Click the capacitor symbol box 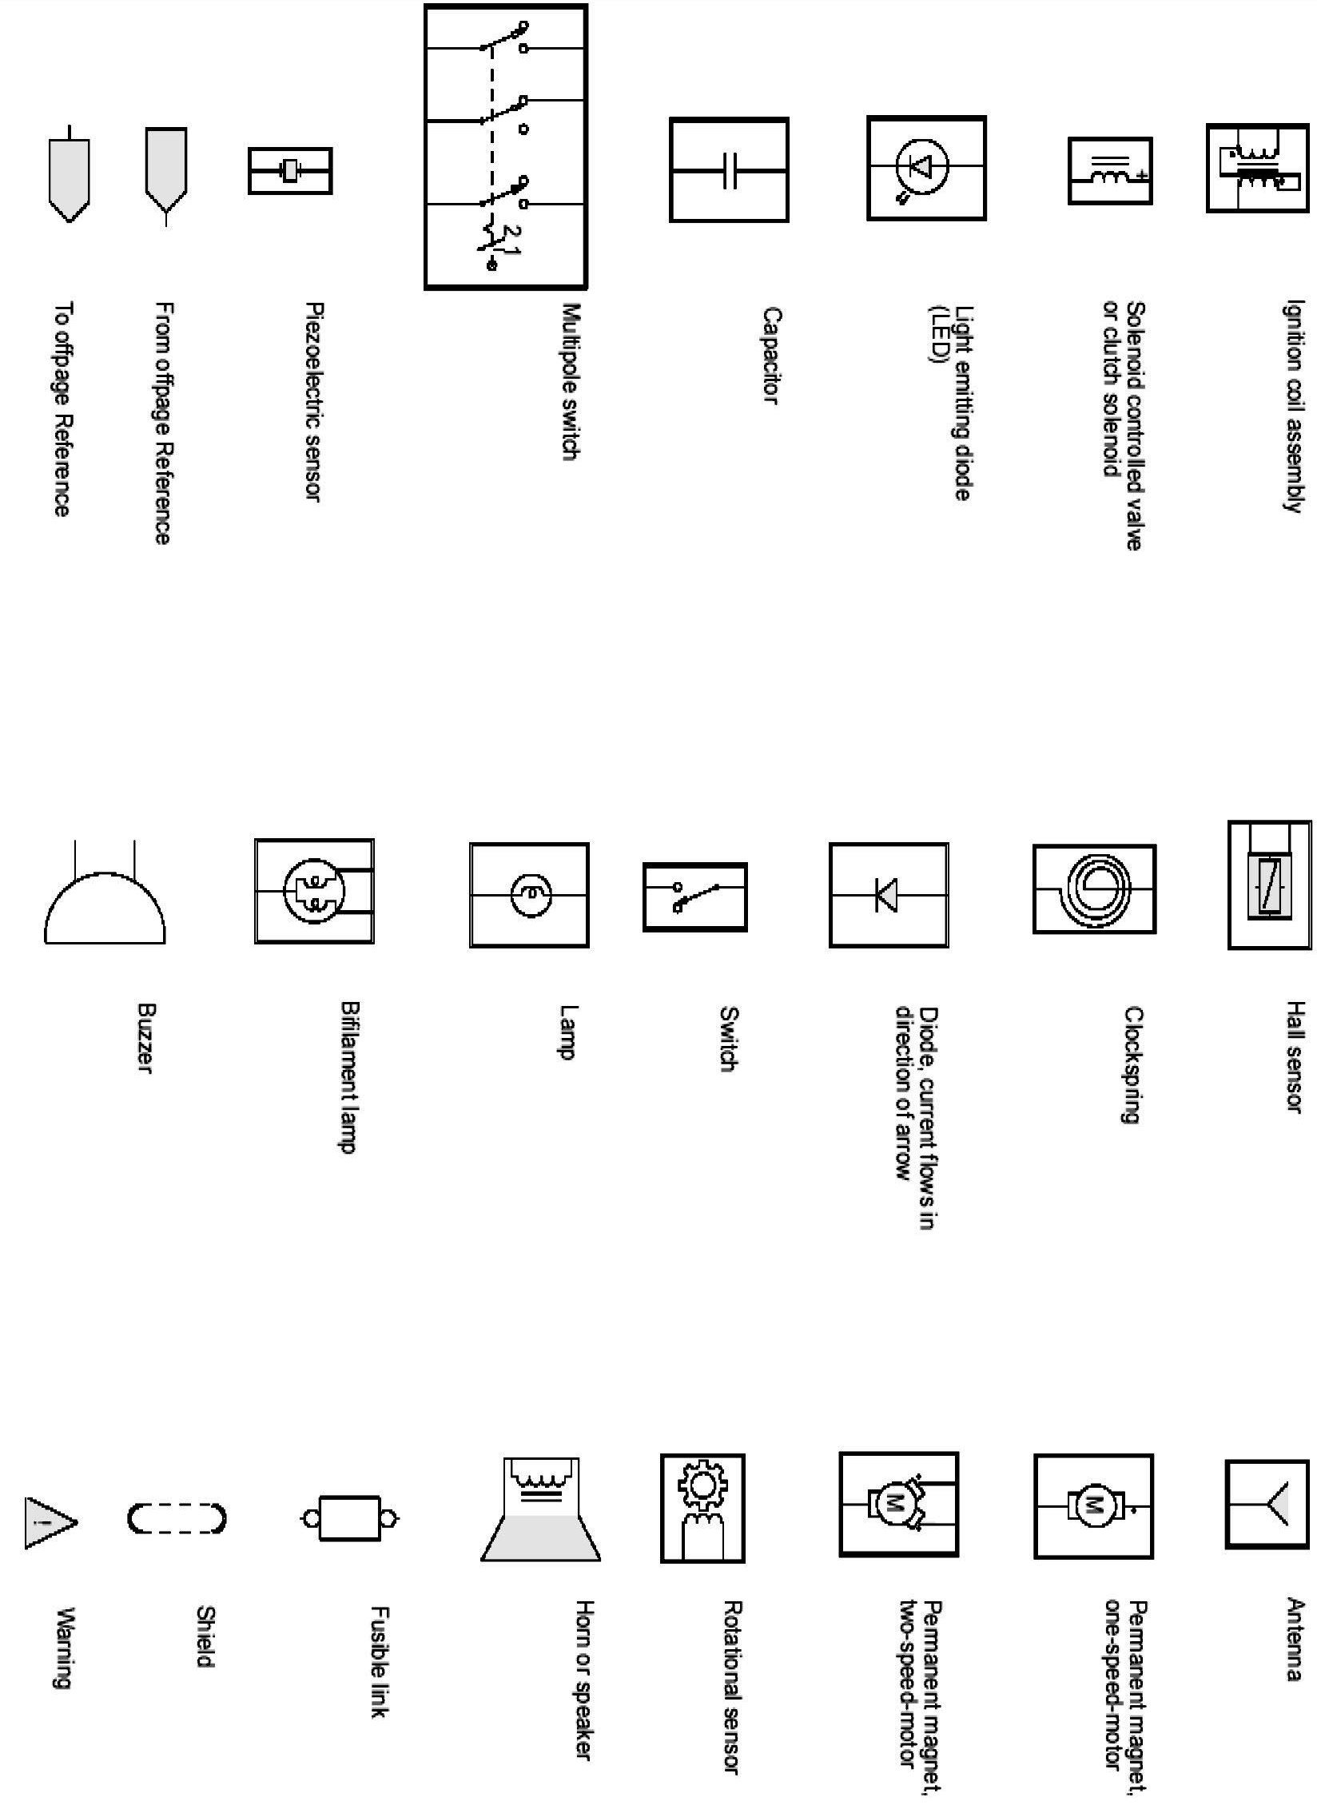tap(729, 169)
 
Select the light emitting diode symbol tap(926, 168)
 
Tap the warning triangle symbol tap(49, 1521)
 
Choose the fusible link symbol tap(350, 1518)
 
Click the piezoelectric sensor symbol tap(290, 170)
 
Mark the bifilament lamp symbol tap(314, 891)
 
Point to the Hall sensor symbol tap(1269, 885)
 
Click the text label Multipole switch tap(569, 381)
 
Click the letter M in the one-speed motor tap(1092, 1505)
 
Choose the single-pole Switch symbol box tap(694, 897)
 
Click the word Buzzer tap(145, 1039)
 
